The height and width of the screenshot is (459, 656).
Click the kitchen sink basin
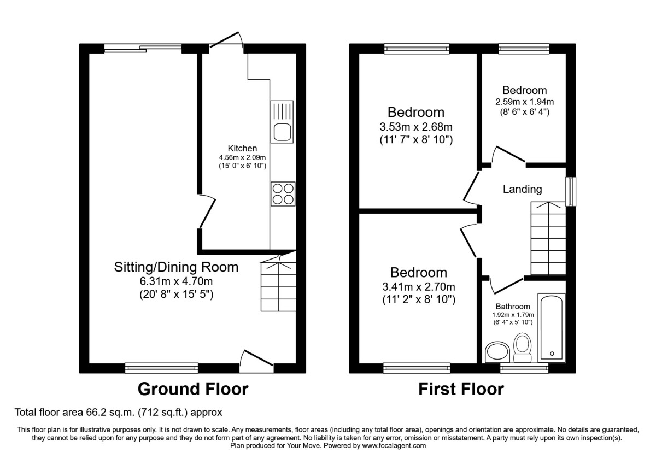click(282, 132)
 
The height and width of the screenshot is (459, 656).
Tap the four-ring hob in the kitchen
click(283, 194)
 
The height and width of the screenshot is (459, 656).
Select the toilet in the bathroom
click(523, 348)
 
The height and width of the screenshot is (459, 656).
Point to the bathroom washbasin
click(497, 352)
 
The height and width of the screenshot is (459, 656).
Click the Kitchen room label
click(243, 148)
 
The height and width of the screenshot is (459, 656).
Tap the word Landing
click(523, 190)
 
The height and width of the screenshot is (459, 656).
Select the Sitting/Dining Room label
click(176, 267)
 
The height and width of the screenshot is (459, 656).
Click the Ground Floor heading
click(193, 389)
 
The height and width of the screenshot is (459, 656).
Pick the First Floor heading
click(461, 389)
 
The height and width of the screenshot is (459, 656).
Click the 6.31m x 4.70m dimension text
click(176, 281)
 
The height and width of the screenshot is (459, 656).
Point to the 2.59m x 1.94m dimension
click(524, 102)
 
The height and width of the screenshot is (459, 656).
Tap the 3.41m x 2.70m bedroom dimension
click(419, 286)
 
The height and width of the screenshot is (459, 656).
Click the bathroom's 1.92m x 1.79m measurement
click(513, 315)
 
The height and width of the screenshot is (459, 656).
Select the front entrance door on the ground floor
click(256, 361)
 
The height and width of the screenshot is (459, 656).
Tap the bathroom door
click(506, 285)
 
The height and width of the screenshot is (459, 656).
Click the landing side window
click(571, 191)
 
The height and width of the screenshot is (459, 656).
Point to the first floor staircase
click(548, 238)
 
